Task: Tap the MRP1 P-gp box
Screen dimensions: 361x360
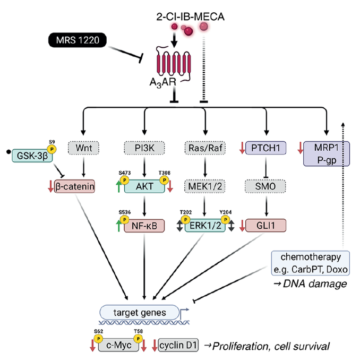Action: pos(325,153)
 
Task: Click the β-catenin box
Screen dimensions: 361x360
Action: pos(72,186)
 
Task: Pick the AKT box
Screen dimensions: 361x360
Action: pos(144,186)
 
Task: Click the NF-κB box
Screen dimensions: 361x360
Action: pos(144,226)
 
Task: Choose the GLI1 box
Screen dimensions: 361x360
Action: pos(267,226)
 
